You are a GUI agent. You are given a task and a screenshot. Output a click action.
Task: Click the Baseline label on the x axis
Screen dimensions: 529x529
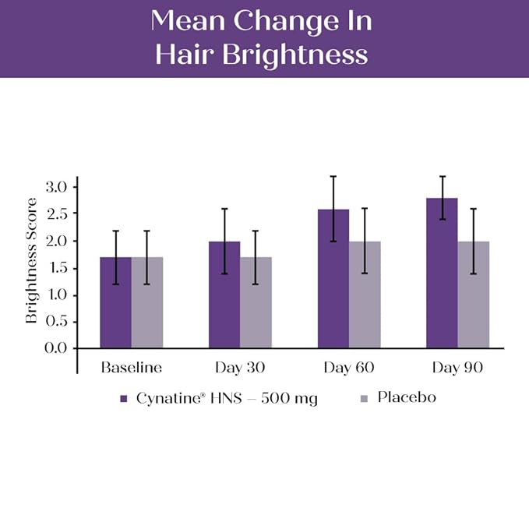tap(131, 368)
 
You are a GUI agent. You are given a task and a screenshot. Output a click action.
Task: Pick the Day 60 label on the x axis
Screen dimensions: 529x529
tap(349, 368)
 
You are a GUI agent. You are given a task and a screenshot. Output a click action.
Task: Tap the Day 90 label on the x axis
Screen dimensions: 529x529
tap(457, 368)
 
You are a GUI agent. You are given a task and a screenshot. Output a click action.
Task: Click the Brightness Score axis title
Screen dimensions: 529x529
tap(32, 261)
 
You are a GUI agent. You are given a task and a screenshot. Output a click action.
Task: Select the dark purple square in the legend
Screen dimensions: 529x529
tap(124, 399)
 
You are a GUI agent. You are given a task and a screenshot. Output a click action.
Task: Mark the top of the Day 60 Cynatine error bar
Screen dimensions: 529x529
tap(333, 177)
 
